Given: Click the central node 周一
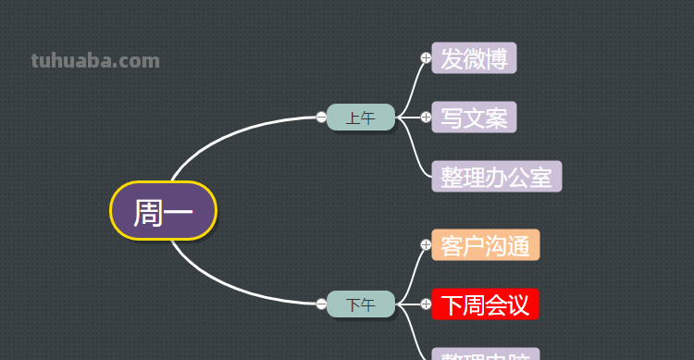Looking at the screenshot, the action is pos(163,211).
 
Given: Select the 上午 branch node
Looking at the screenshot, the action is pos(361,118).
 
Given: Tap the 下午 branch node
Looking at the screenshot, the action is pos(361,304).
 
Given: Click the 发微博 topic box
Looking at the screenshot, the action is pos(474,58).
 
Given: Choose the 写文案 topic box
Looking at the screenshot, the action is pos(474,118).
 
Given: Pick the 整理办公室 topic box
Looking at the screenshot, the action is pos(497,176).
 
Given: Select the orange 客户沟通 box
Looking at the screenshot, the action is pos(485,245).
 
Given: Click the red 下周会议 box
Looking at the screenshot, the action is pos(485,304).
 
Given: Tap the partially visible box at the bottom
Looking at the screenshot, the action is pos(485,354).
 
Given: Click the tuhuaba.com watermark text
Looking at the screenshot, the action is pos(95,61).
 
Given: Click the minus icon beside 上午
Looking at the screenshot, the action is pos(321,118).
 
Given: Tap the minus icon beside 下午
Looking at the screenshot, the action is pos(321,304).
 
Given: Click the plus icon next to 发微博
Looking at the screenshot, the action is pos(426,58).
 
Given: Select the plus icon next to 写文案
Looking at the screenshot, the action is pos(426,118).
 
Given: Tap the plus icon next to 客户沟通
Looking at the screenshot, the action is pos(426,245).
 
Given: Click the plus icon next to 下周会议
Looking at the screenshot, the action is pos(426,304).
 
